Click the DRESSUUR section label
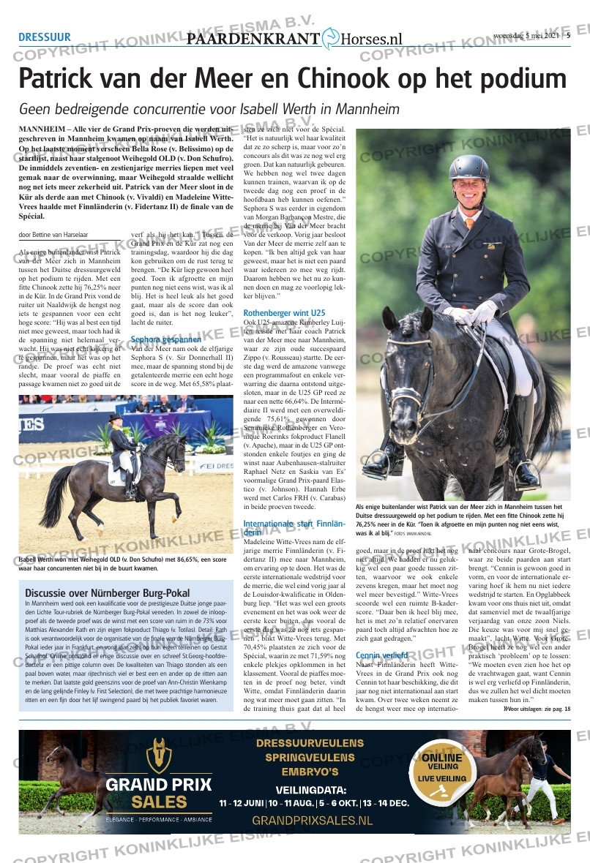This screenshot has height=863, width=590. (x=45, y=37)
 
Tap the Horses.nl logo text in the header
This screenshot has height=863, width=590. (x=372, y=39)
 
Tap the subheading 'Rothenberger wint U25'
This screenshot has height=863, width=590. (x=284, y=313)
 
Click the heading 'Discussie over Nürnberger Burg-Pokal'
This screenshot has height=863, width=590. (x=108, y=593)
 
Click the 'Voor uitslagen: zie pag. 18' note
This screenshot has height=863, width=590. (x=537, y=709)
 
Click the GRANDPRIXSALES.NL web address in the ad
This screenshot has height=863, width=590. (x=312, y=821)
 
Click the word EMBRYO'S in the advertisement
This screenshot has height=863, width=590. (x=311, y=772)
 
